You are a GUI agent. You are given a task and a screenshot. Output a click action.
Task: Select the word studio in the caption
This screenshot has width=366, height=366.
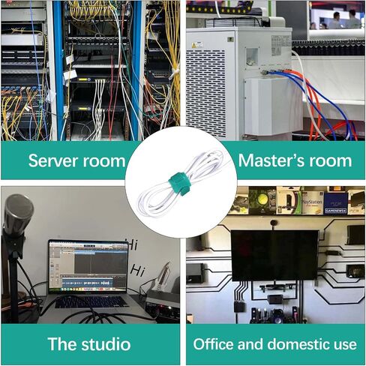106,344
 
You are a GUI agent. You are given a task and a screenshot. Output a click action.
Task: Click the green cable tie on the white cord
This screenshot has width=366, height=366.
178,184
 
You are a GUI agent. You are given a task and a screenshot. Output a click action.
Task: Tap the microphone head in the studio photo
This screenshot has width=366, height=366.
18,214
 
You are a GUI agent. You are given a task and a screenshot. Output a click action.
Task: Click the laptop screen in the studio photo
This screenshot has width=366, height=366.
88,266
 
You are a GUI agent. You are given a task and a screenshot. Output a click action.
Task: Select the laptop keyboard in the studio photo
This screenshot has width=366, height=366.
91,302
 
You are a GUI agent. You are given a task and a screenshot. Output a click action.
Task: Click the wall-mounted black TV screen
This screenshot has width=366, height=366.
274,255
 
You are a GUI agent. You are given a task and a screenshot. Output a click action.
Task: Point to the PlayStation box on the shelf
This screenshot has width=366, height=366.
312,202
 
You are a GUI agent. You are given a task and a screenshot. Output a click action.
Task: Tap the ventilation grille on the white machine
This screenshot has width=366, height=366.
205,93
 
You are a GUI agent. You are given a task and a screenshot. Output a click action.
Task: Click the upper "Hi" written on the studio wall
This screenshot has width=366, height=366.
132,244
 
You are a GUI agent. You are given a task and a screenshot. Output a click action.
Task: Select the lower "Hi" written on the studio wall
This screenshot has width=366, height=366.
138,270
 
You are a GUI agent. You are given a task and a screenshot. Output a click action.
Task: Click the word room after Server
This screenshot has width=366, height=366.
104,161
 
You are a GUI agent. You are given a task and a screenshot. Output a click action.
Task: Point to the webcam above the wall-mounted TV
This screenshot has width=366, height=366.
274,223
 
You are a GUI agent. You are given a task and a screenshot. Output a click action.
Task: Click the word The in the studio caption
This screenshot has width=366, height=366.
62,344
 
